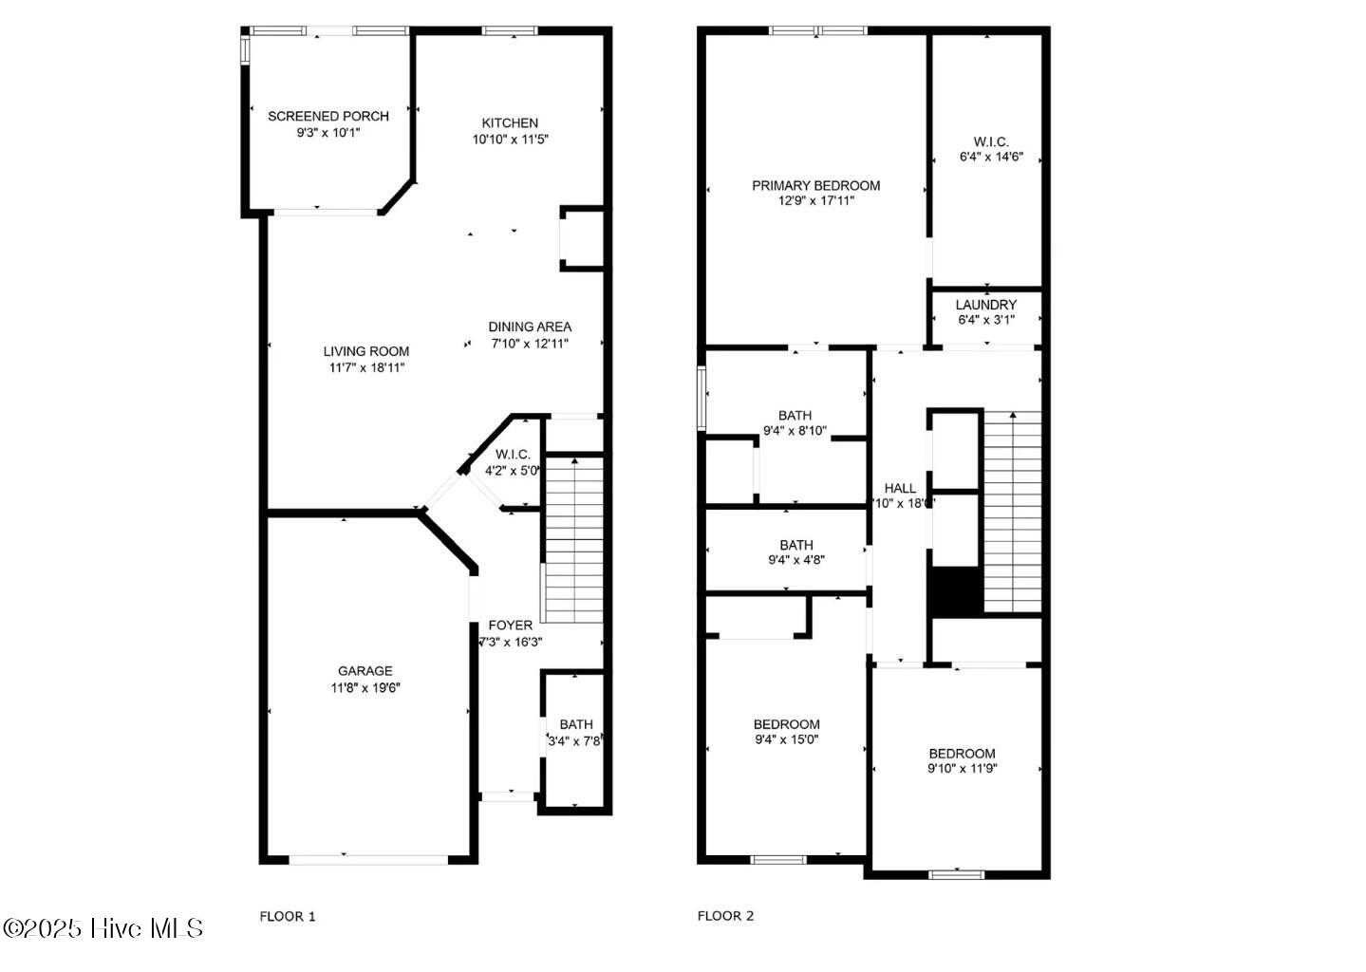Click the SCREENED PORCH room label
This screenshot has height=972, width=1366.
[327, 117]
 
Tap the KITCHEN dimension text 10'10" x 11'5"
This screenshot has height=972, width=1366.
[511, 140]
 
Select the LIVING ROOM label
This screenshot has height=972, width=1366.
[366, 351]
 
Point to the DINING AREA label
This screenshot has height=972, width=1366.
[530, 327]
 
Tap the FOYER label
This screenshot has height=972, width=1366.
[510, 626]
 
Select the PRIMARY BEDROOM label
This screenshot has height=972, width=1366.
[815, 186]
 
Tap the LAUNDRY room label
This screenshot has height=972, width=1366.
[985, 305]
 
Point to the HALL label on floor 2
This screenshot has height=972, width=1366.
[900, 489]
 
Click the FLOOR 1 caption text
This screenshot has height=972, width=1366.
[288, 916]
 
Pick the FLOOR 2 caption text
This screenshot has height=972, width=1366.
[725, 916]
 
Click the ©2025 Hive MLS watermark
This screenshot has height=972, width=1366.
[103, 927]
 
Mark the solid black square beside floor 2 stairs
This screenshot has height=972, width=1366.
[955, 590]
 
